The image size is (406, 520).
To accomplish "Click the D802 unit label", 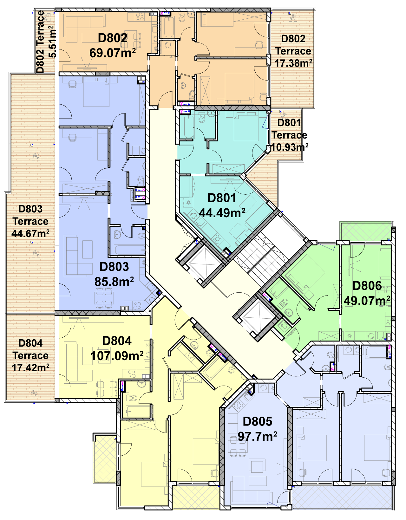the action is click(113, 38).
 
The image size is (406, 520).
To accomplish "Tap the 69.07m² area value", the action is click(113, 53).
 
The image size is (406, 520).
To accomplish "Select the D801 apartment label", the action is click(222, 198).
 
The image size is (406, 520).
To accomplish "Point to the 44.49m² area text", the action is click(222, 213).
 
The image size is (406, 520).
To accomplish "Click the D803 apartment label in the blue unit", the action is click(114, 267).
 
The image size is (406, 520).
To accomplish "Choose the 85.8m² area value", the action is click(114, 282).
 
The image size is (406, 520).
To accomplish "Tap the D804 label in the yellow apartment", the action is click(117, 341).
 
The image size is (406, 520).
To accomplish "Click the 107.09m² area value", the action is click(117, 356).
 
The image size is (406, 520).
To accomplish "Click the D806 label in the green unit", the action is click(367, 286).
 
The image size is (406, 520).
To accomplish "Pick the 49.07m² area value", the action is click(367, 301).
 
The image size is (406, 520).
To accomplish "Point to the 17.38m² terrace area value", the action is click(293, 63).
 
